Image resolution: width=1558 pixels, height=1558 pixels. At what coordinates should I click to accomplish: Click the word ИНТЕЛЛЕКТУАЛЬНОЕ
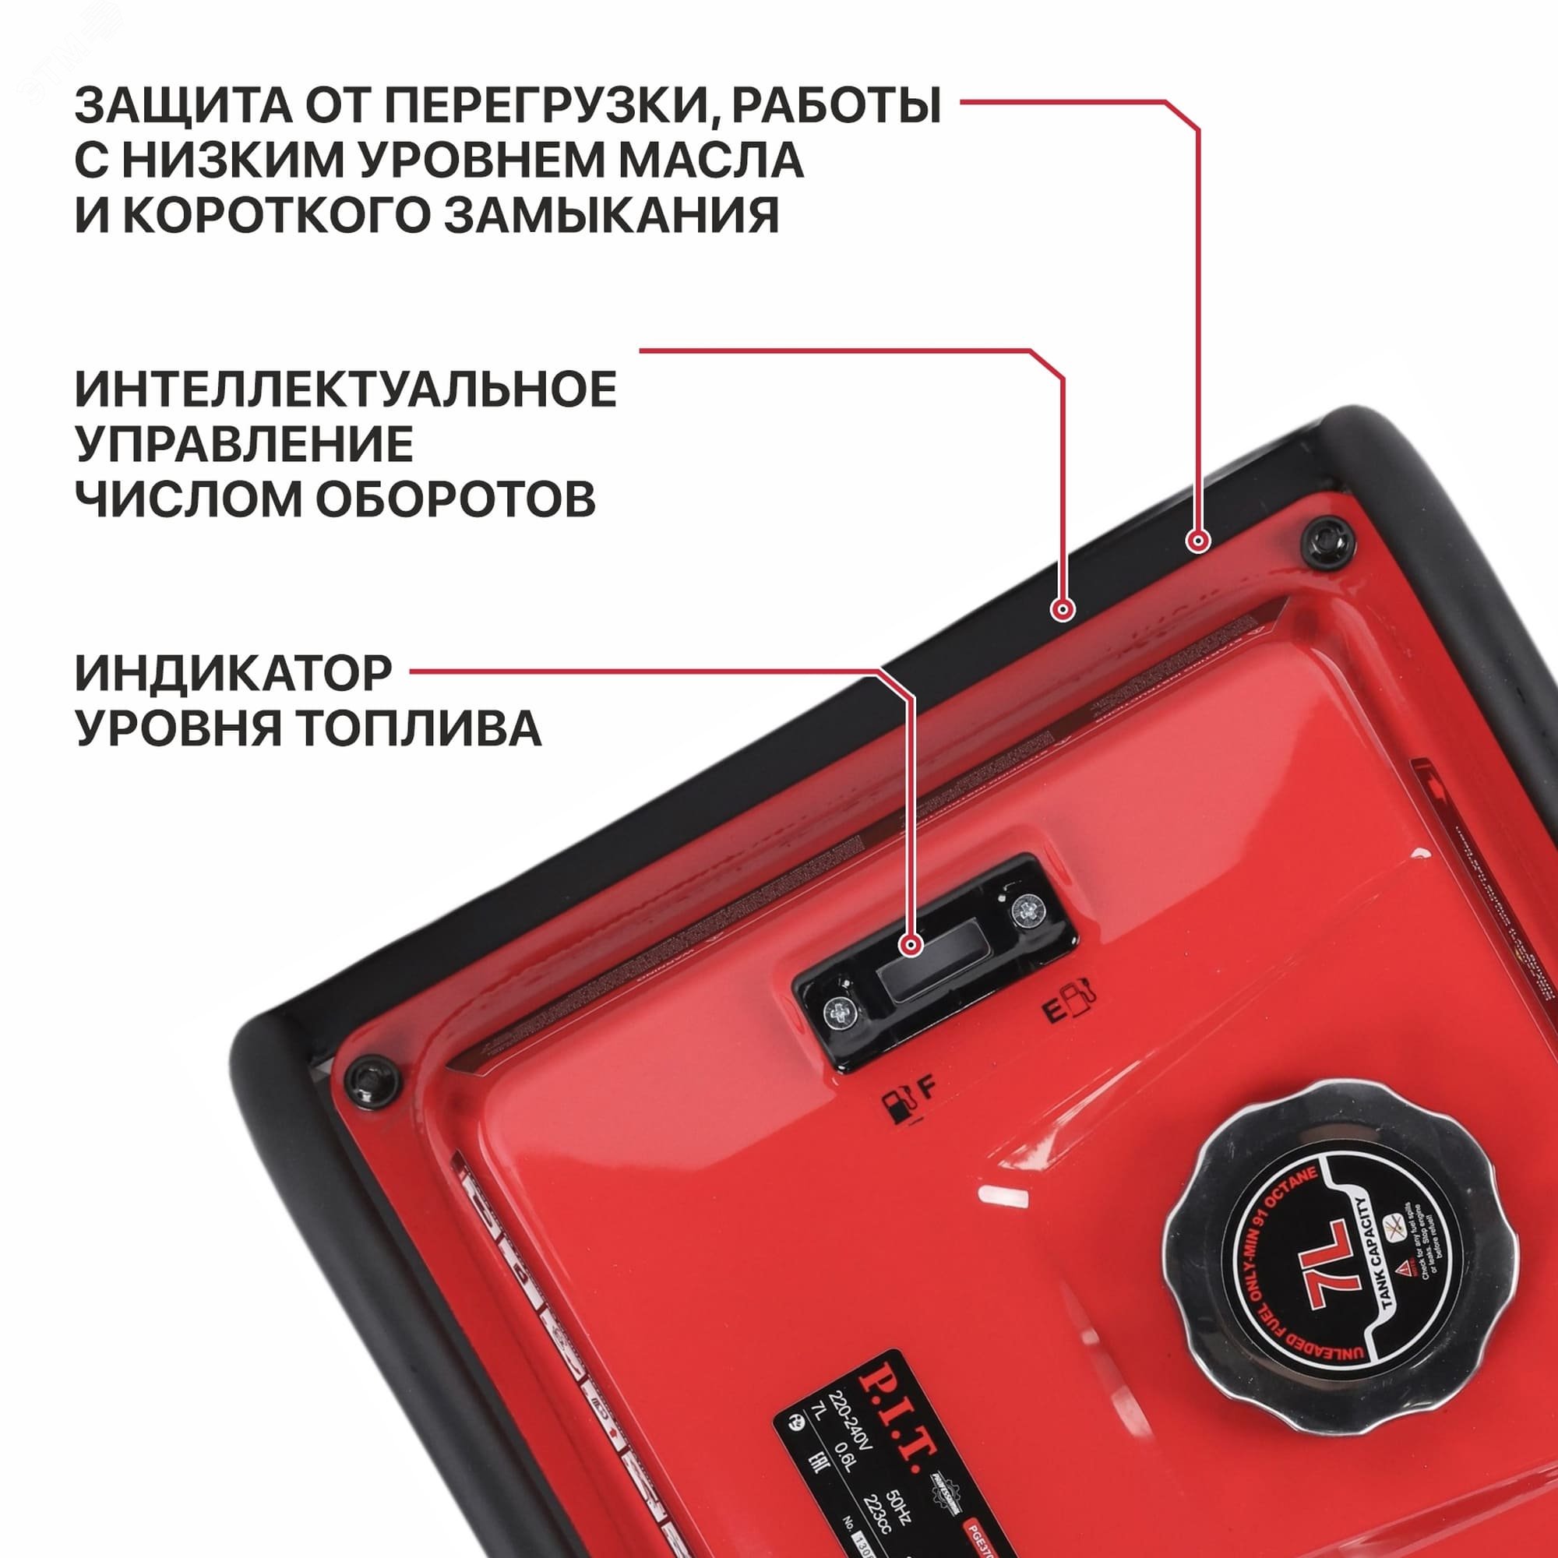346,389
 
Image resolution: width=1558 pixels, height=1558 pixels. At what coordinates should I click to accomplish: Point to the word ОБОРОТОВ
455,499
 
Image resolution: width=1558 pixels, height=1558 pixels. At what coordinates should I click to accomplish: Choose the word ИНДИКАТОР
234,673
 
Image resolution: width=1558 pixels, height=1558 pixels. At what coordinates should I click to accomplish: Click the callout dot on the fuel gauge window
912,944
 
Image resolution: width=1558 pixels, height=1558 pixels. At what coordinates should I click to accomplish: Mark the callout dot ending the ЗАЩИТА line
1198,541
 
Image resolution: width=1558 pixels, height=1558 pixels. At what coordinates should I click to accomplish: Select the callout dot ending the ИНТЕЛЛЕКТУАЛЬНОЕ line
1063,610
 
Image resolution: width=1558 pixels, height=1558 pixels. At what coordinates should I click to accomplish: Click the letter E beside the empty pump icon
1053,1011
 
